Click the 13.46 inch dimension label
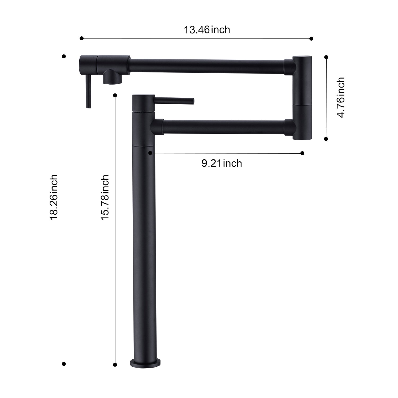[207, 30]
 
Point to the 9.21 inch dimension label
[222, 163]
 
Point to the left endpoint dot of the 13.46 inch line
[81, 38]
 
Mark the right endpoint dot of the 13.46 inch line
[312, 38]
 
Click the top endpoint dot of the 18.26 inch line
[64, 56]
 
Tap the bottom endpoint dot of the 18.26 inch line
[64, 364]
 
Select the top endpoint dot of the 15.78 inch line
[115, 95]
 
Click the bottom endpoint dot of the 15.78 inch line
[115, 365]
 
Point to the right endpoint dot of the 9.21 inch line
[302, 153]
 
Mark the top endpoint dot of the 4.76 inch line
[326, 57]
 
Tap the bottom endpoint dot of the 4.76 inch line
[326, 139]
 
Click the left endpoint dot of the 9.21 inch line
[150, 153]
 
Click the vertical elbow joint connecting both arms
[302, 97]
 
